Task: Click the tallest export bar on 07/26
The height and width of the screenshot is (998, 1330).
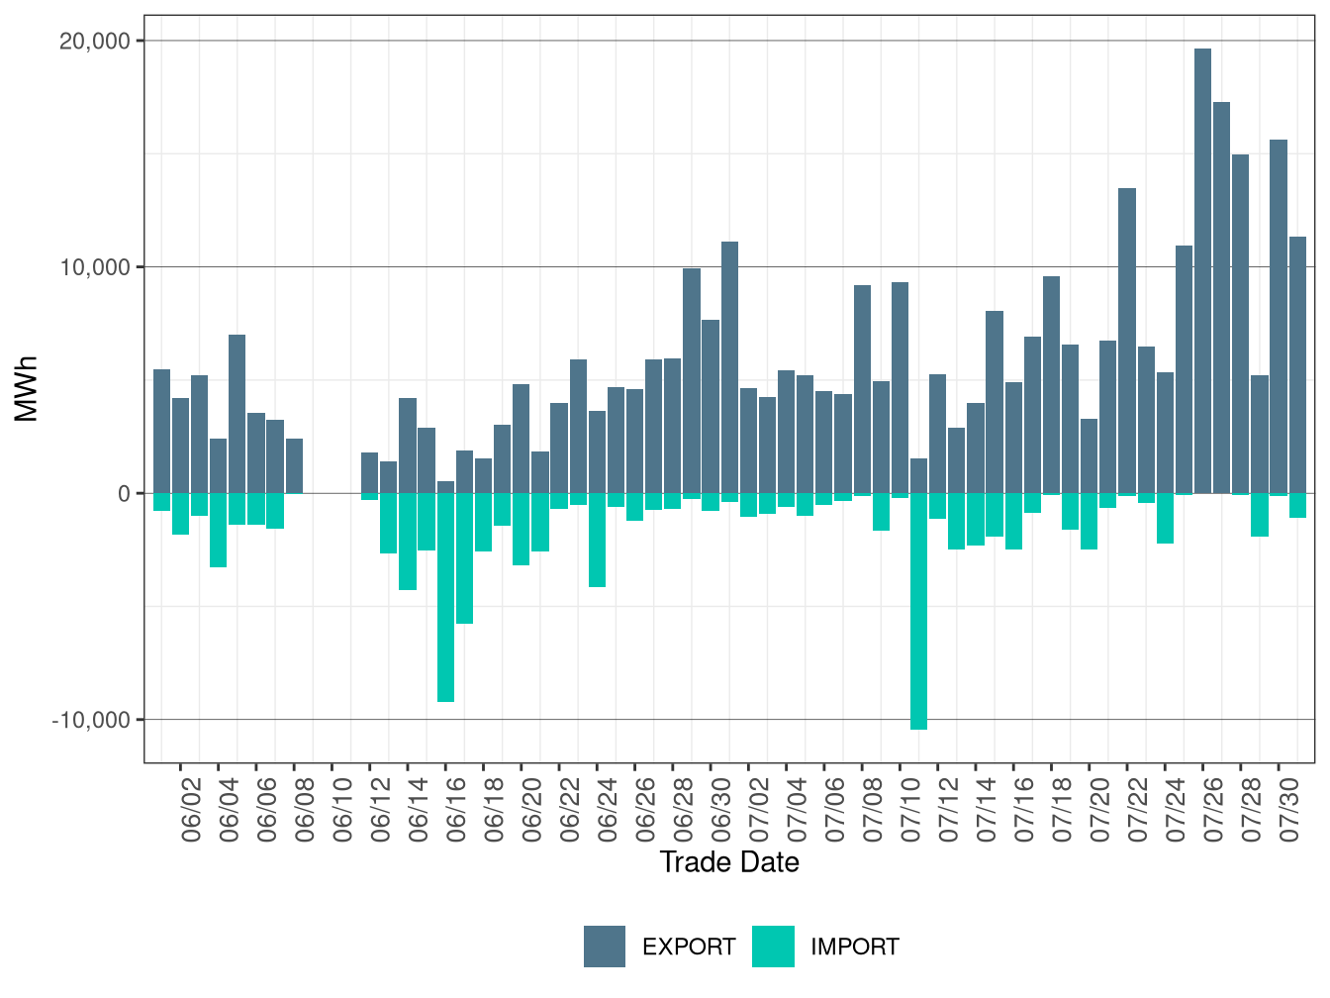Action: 1202,271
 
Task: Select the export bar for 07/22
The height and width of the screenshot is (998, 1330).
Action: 1126,342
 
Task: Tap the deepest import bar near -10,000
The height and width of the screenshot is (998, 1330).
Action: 918,612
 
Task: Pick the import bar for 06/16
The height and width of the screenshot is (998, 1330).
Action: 445,597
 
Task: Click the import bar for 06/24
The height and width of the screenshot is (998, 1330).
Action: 597,540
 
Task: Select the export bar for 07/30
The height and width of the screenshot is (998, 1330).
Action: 1278,317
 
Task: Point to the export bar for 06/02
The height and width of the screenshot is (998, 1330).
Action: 180,446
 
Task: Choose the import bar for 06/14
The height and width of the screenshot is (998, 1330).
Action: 408,542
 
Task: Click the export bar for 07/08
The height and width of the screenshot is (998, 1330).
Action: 862,390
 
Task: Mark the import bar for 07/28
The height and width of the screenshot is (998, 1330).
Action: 1240,494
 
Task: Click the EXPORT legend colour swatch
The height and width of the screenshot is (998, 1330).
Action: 604,946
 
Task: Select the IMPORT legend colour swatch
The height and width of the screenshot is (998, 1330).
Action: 773,946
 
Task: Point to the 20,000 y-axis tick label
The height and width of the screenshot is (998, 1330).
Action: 95,42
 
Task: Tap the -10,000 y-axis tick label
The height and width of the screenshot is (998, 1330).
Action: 91,720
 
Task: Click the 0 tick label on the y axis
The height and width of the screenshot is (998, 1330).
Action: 125,494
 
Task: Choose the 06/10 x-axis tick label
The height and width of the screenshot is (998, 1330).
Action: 342,810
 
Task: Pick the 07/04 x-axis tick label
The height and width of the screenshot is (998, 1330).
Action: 797,810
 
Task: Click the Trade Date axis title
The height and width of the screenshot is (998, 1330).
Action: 729,861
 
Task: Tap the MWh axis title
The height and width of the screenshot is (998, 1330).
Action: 26,389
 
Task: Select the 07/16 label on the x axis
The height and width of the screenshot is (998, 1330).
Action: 1024,810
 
